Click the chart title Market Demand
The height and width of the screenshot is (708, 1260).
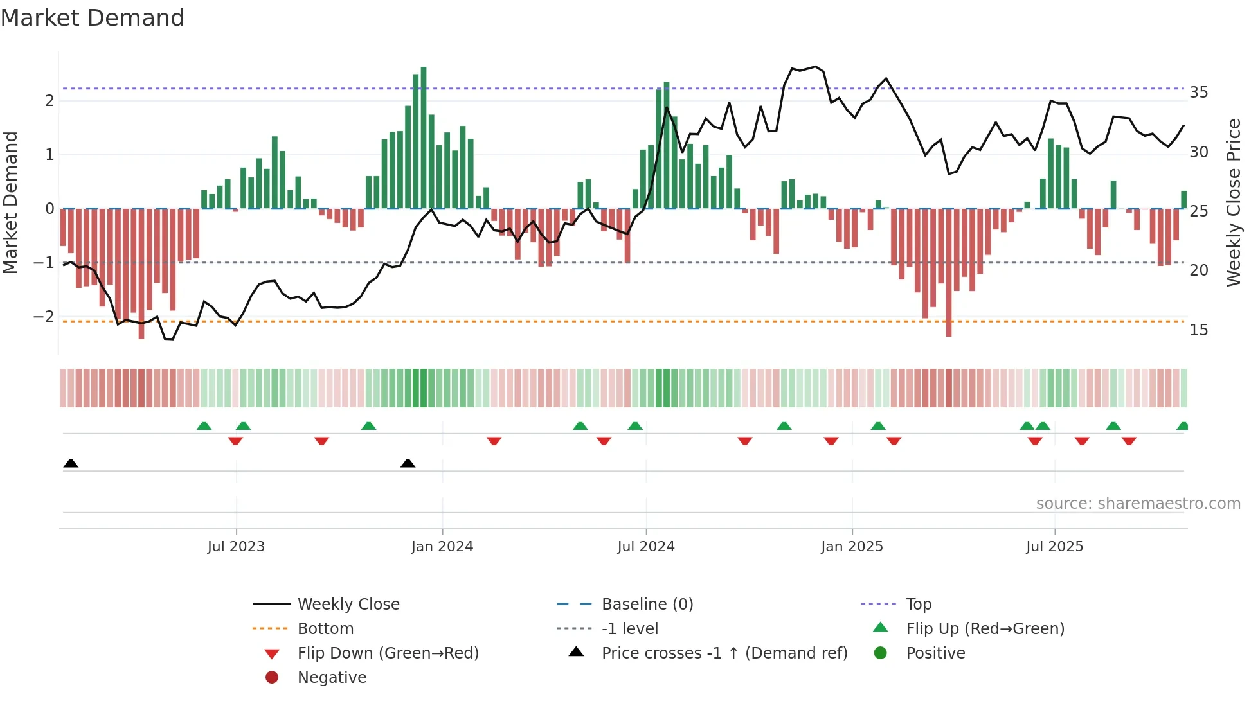[x=93, y=18]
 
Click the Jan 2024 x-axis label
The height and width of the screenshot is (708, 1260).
[x=442, y=547]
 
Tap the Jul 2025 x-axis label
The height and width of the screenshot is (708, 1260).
[x=1054, y=547]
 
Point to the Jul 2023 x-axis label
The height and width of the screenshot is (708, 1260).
[x=236, y=547]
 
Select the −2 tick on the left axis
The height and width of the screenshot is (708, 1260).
[x=44, y=317]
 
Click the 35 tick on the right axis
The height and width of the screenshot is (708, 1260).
[x=1198, y=93]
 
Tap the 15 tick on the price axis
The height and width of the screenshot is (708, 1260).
[x=1198, y=330]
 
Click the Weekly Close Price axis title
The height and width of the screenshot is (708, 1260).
[x=1233, y=202]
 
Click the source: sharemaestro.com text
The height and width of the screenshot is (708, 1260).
[x=1138, y=504]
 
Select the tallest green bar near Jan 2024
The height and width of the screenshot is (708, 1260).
[x=424, y=137]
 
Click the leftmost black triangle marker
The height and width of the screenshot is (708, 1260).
[x=71, y=464]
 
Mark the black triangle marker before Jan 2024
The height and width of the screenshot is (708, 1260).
[x=408, y=464]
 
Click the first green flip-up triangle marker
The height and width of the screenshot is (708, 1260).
[x=204, y=426]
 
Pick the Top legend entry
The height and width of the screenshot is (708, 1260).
[x=918, y=605]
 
